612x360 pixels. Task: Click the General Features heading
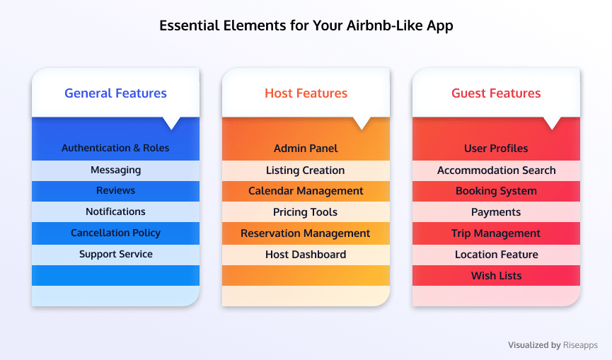point(115,93)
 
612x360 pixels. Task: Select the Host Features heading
point(306,93)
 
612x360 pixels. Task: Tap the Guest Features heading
point(496,93)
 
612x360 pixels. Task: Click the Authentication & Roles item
point(115,149)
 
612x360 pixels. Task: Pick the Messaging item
point(115,170)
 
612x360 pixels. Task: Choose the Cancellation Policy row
point(115,233)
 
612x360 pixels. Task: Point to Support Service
point(116,255)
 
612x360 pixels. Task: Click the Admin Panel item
point(306,149)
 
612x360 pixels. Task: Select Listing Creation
point(305,170)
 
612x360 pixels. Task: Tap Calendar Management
point(306,191)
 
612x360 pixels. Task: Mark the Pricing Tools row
point(305,212)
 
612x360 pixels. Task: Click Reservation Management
point(305,233)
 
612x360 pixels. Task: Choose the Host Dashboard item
point(306,255)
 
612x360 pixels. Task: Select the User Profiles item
point(496,149)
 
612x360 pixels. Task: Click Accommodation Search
point(497,170)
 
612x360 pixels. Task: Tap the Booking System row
point(496,191)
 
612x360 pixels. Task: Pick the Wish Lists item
point(497,276)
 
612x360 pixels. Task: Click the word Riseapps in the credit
point(580,345)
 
